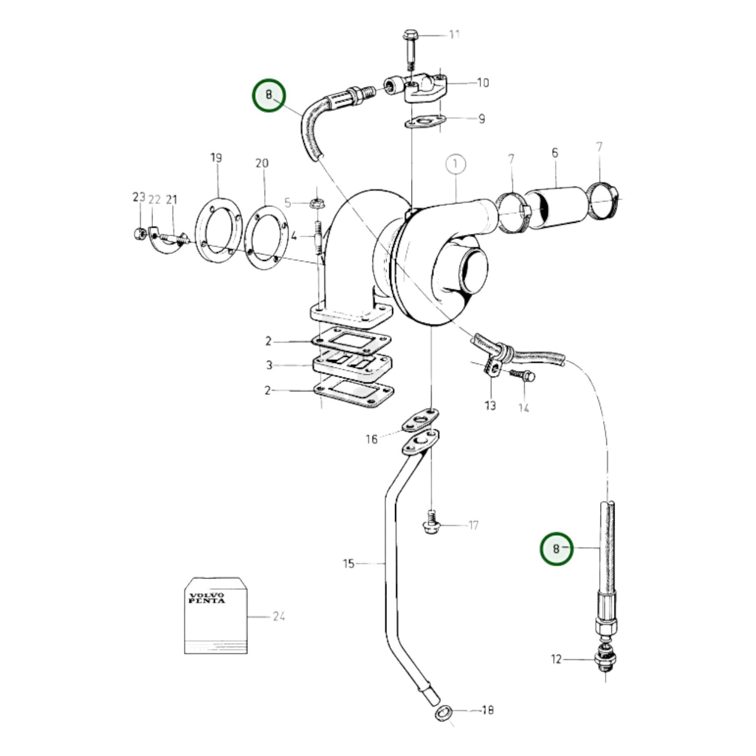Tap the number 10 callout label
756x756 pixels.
pos(482,83)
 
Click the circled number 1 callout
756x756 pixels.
pos(456,164)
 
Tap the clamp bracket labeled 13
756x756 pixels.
pos(492,366)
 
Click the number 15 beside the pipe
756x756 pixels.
pos(349,563)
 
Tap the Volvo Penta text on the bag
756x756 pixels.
pos(206,598)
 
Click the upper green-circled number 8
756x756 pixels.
pos(269,95)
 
